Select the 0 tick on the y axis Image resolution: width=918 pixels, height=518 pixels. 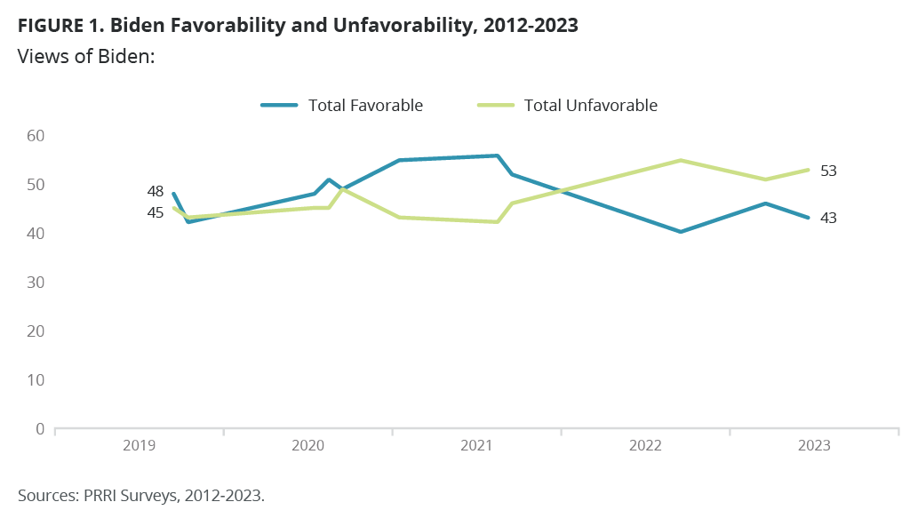pyautogui.click(x=38, y=428)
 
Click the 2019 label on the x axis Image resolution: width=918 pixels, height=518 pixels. pyautogui.click(x=140, y=446)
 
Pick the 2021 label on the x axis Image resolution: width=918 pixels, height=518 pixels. pyautogui.click(x=477, y=446)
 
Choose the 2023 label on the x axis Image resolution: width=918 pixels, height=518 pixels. pyautogui.click(x=814, y=446)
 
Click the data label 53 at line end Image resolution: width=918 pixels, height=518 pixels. pyautogui.click(x=828, y=171)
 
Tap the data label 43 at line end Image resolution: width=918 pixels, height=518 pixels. pyautogui.click(x=828, y=218)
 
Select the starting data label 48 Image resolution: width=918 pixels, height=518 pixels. pyautogui.click(x=155, y=191)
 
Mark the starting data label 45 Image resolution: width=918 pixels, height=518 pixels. pyautogui.click(x=155, y=212)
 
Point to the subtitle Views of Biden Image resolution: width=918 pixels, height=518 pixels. pyautogui.click(x=86, y=56)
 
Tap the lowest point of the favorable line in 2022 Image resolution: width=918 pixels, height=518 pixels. pyautogui.click(x=680, y=232)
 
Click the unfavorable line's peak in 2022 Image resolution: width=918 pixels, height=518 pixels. pyautogui.click(x=680, y=160)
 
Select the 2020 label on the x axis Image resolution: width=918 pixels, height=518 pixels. pyautogui.click(x=308, y=446)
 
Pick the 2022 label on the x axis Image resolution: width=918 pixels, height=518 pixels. pyautogui.click(x=645, y=446)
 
